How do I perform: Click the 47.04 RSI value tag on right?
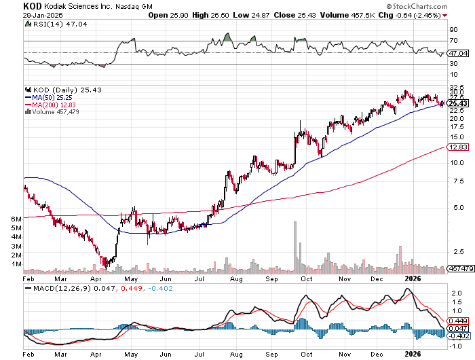tap(459, 53)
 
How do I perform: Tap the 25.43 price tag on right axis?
tap(457, 103)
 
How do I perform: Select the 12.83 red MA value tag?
tap(457, 147)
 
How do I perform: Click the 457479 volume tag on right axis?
tap(459, 269)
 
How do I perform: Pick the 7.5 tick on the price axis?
tap(454, 181)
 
